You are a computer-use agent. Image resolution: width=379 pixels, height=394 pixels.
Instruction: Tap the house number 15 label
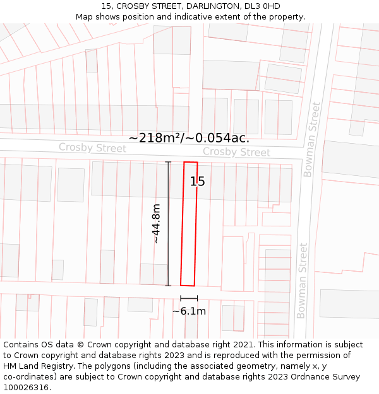tap(198, 182)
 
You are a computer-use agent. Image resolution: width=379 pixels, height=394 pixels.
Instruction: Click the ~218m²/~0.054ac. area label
tap(189, 138)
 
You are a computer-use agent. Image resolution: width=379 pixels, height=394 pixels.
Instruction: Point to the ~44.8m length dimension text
tap(155, 223)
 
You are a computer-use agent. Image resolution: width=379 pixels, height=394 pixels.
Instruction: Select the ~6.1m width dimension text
tap(189, 311)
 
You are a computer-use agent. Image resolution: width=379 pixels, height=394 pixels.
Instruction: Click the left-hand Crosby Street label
tap(92, 148)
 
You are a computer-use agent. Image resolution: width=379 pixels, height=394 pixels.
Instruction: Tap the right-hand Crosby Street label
tap(236, 152)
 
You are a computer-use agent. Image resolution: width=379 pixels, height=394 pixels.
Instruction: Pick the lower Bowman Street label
tap(303, 281)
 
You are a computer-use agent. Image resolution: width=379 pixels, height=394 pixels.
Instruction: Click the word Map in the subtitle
tap(85, 17)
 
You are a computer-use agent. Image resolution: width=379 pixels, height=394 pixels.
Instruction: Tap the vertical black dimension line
tap(168, 224)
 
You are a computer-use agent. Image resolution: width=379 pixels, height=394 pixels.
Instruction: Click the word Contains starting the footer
tap(21, 345)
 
